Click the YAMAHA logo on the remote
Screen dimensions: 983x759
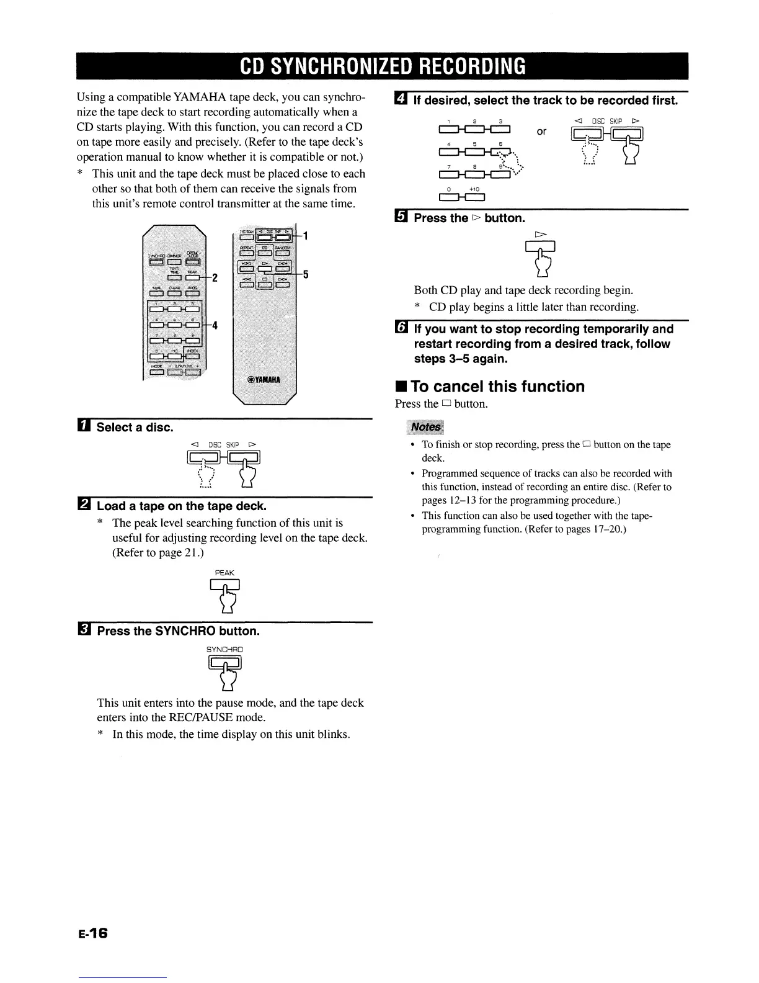265,381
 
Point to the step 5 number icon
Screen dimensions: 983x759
401,218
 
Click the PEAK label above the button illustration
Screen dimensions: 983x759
224,573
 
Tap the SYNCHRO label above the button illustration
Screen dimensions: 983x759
224,650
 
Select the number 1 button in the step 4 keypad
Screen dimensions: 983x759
448,130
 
